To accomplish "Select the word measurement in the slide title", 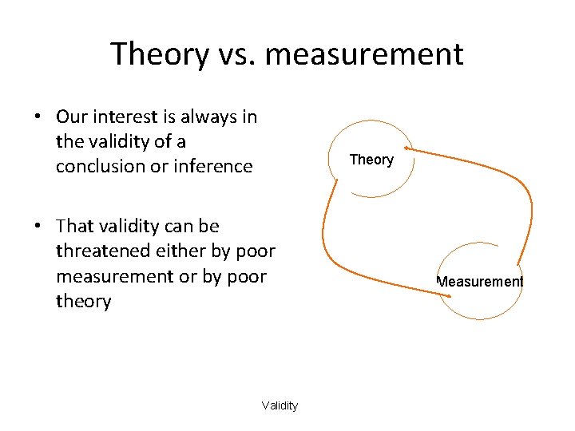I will point(365,54).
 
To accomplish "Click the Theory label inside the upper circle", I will point(371,160).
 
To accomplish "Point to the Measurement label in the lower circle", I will point(480,281).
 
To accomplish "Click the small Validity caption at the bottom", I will point(280,405).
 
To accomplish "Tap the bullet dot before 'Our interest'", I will point(38,117).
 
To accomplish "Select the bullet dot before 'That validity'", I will point(38,227).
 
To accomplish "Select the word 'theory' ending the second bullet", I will point(83,301).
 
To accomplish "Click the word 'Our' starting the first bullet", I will point(72,117).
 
